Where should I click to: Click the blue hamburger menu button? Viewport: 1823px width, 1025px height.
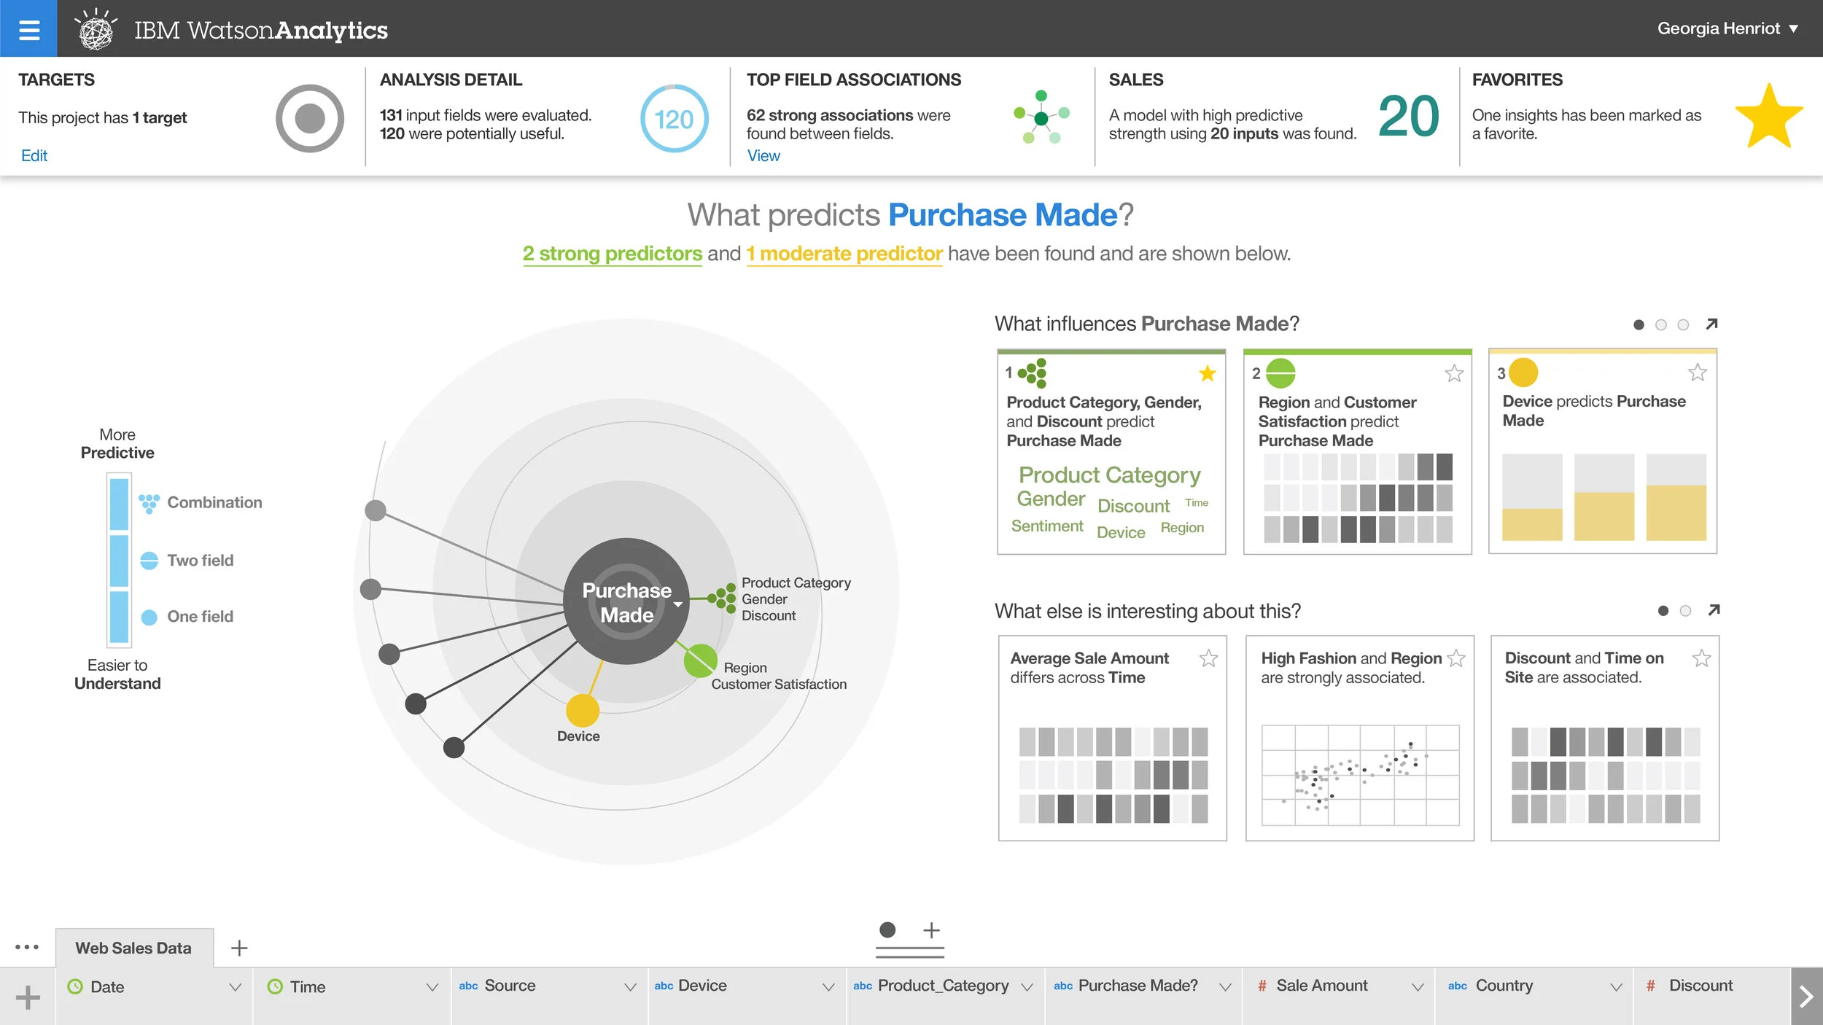pyautogui.click(x=28, y=29)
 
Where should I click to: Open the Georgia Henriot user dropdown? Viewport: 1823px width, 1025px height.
pyautogui.click(x=1727, y=29)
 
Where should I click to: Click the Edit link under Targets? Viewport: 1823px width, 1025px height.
pyautogui.click(x=34, y=155)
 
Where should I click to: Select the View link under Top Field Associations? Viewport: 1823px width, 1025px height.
pyautogui.click(x=763, y=155)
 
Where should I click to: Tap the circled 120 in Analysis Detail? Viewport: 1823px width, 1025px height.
pyautogui.click(x=674, y=119)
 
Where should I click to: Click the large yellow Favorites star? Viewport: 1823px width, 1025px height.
pyautogui.click(x=1768, y=117)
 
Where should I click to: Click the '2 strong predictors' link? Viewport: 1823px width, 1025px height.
pyautogui.click(x=612, y=254)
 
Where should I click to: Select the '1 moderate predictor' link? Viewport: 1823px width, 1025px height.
pyautogui.click(x=844, y=254)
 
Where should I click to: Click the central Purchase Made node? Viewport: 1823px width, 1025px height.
pyautogui.click(x=626, y=602)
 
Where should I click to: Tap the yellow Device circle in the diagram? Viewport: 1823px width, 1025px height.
pyautogui.click(x=582, y=710)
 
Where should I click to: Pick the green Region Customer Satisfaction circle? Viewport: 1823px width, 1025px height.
pyautogui.click(x=700, y=660)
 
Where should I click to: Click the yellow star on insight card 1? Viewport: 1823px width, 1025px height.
pyautogui.click(x=1207, y=373)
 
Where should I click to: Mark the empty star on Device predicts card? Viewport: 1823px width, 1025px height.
pyautogui.click(x=1697, y=373)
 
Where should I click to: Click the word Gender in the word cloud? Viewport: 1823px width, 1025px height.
pyautogui.click(x=1051, y=499)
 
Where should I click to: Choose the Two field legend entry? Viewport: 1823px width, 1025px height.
pyautogui.click(x=199, y=560)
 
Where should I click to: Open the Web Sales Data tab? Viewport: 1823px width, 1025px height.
pyautogui.click(x=133, y=948)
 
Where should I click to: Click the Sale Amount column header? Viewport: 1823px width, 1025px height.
pyautogui.click(x=1321, y=986)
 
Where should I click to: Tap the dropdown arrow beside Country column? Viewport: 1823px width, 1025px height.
pyautogui.click(x=1615, y=987)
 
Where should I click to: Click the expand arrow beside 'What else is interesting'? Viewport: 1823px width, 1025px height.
pyautogui.click(x=1713, y=610)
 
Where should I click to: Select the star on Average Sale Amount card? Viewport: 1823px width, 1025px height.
pyautogui.click(x=1208, y=658)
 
